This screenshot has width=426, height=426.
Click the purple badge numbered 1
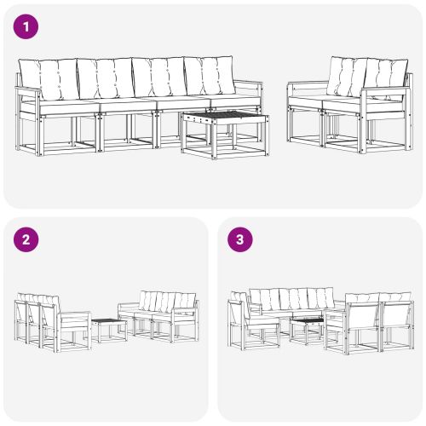click(26, 26)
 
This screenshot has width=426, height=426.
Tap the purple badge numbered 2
click(26, 239)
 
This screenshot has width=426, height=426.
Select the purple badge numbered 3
click(239, 239)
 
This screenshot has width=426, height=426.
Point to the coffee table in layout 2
click(109, 329)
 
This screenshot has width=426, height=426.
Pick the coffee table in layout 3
click(304, 329)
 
